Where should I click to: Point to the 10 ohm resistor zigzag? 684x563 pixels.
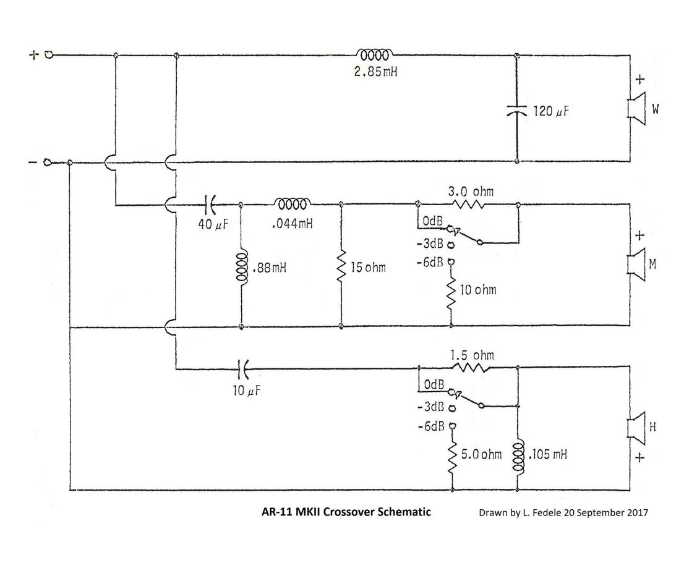[x=451, y=290]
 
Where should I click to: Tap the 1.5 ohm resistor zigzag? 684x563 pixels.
[x=471, y=367]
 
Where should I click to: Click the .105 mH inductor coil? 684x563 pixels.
[x=518, y=456]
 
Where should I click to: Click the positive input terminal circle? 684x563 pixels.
[x=49, y=54]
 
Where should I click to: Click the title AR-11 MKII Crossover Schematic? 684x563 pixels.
[x=347, y=512]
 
